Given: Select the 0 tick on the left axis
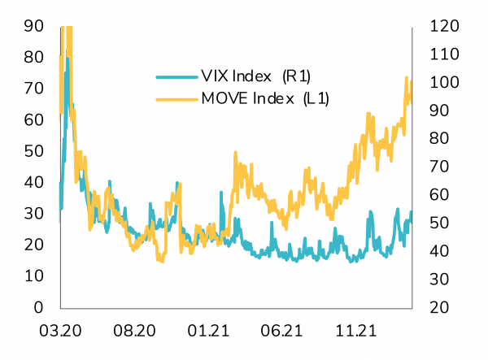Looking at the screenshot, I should (37, 308).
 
